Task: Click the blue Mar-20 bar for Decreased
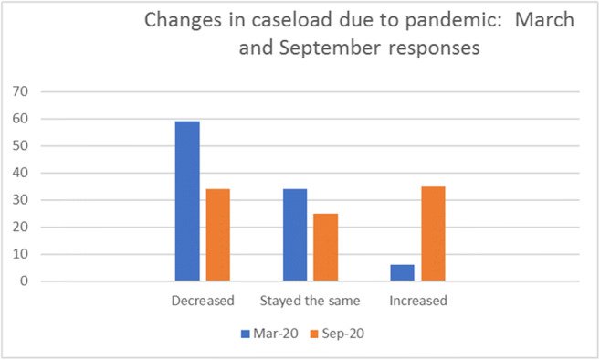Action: point(187,201)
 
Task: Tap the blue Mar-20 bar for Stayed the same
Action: point(295,235)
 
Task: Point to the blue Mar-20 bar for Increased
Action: point(403,272)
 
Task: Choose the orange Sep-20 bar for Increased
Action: point(434,233)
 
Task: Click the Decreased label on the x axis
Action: point(203,299)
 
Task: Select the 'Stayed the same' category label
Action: point(311,299)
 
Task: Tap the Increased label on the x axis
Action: point(418,299)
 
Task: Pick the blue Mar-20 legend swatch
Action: point(246,334)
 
